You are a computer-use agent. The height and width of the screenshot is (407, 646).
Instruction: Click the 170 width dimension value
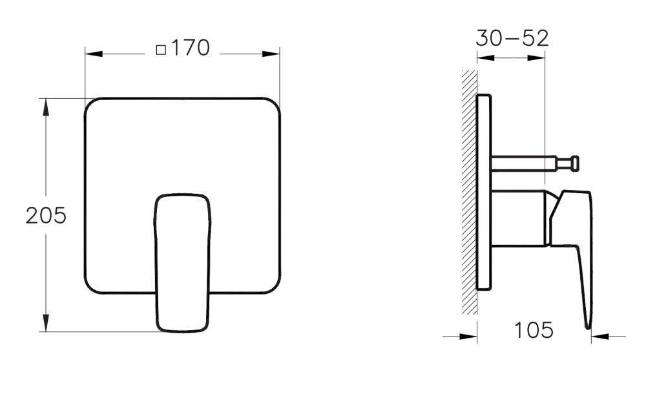coord(191,48)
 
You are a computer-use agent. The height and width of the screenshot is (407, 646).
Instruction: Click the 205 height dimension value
coord(46,216)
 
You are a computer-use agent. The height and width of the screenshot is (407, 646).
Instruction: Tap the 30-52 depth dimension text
coord(512,38)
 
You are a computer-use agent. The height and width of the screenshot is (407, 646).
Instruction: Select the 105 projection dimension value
coord(534,331)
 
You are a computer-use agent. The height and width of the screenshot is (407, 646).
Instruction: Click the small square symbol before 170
coord(161,49)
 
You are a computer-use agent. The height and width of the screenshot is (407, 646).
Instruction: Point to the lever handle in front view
coord(182,262)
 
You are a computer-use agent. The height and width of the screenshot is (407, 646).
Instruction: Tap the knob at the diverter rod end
coord(573,163)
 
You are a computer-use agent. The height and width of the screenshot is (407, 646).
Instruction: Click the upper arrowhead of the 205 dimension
coord(46,107)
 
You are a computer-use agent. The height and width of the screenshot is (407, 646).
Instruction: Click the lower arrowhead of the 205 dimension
coord(46,324)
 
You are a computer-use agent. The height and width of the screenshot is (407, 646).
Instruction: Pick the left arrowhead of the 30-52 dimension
coord(484,58)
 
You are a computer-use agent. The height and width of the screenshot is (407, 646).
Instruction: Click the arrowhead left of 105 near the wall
coord(469,336)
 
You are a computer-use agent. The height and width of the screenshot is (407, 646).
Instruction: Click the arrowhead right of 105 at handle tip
coord(599,336)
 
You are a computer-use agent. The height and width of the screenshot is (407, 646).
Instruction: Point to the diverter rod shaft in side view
coord(523,163)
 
